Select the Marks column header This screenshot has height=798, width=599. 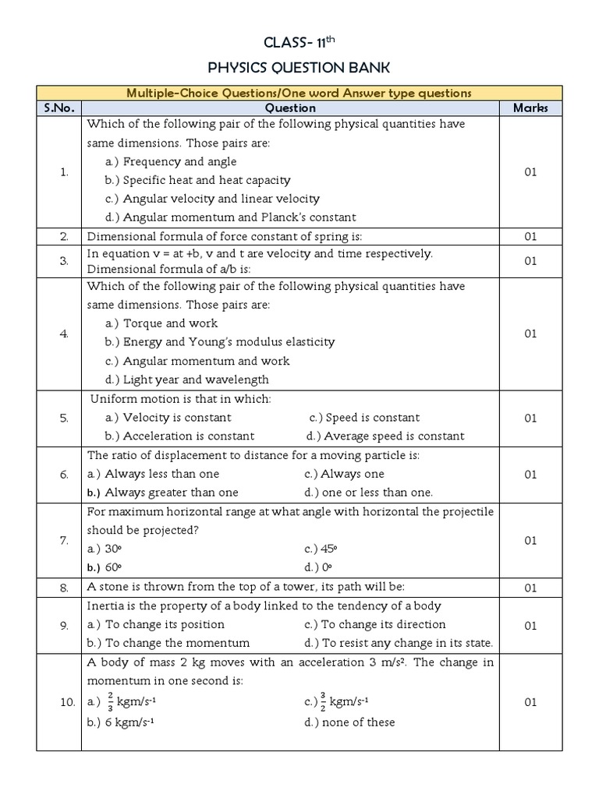[530, 108]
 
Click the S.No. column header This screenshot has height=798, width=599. [58, 108]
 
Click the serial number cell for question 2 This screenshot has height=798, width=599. [64, 236]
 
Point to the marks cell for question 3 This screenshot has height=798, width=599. [530, 261]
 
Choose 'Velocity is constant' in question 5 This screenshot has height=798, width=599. [174, 418]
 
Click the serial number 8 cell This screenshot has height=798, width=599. [64, 587]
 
